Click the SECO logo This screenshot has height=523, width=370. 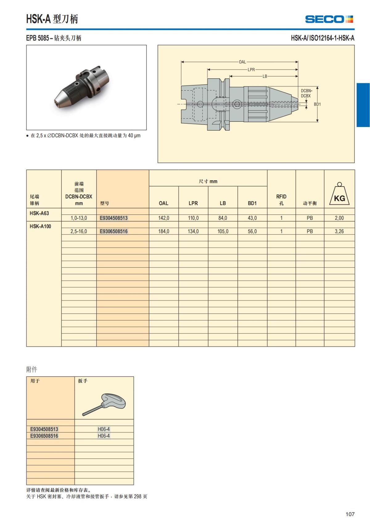point(330,19)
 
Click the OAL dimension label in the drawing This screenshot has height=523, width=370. point(242,62)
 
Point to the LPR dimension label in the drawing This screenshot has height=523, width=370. point(251,70)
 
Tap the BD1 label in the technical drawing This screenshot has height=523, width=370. point(317,104)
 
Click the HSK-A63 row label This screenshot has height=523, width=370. point(39,213)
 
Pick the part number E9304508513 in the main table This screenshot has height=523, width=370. point(114,218)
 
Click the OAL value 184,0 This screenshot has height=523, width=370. point(164,231)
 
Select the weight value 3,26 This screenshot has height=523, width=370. point(339,231)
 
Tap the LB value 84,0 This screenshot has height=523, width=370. point(223,218)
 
